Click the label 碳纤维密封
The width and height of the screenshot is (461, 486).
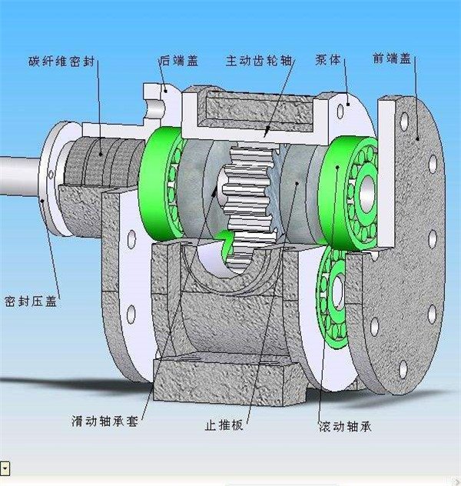[61, 62]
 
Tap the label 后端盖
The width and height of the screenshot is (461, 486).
[179, 60]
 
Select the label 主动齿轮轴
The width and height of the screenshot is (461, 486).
[259, 60]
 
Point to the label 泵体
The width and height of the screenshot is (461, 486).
[328, 59]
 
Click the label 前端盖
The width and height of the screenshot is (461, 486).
[392, 58]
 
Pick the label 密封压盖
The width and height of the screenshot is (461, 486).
[31, 301]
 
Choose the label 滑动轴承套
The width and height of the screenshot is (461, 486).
[104, 421]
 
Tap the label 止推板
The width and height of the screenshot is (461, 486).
[224, 425]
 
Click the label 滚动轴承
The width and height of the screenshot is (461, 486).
[345, 427]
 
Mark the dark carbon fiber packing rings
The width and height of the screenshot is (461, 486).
[104, 161]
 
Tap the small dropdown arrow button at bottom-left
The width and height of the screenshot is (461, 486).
[5, 468]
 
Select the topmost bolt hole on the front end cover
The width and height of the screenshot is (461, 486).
[404, 121]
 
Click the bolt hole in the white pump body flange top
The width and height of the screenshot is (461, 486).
[340, 112]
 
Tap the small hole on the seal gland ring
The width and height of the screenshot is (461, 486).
[51, 175]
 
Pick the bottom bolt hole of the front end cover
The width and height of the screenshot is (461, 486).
[403, 369]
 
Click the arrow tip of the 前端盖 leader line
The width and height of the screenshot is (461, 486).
[418, 140]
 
